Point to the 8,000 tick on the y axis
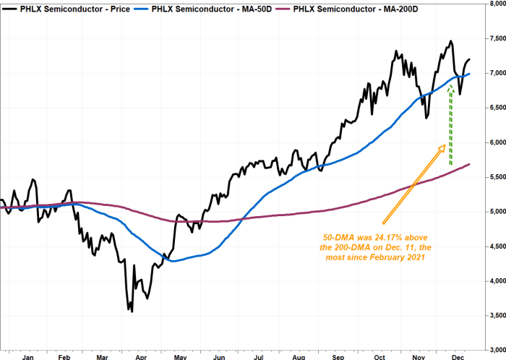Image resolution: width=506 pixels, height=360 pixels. pyautogui.click(x=492, y=4)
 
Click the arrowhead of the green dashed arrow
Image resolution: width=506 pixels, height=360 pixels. pyautogui.click(x=451, y=86)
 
